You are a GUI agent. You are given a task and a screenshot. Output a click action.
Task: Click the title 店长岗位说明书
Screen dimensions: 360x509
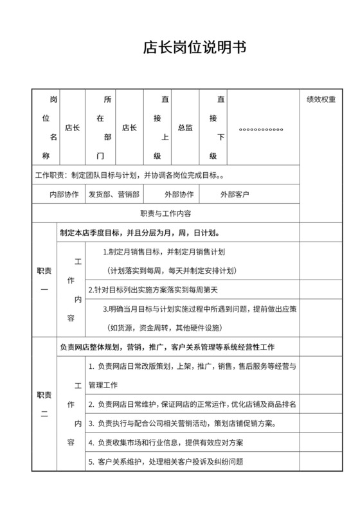pos(193,48)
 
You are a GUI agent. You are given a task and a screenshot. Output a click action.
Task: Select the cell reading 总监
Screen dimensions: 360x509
pos(184,128)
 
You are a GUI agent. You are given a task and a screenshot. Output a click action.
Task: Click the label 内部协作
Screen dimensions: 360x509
pos(64,193)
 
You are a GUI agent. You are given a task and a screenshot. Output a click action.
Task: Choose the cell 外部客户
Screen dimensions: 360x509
pos(235,193)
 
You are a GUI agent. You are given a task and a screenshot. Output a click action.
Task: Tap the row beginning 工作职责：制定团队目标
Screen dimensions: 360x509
pos(130,174)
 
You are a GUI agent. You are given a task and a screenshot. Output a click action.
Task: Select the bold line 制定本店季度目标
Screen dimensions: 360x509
pos(141,233)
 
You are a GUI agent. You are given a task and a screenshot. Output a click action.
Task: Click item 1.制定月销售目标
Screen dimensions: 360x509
pos(168,252)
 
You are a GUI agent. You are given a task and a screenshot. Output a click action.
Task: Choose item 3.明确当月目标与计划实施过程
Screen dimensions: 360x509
pos(199,308)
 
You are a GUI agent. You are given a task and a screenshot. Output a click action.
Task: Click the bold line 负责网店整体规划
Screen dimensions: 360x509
pos(166,348)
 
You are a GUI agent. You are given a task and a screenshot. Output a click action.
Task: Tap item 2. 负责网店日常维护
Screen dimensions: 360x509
pos(191,404)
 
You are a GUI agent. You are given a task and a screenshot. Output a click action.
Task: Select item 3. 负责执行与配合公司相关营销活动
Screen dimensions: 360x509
pos(183,424)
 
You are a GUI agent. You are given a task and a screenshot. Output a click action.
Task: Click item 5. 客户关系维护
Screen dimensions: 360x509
pos(165,462)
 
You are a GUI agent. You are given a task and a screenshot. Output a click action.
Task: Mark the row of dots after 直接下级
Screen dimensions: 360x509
pos(261,129)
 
